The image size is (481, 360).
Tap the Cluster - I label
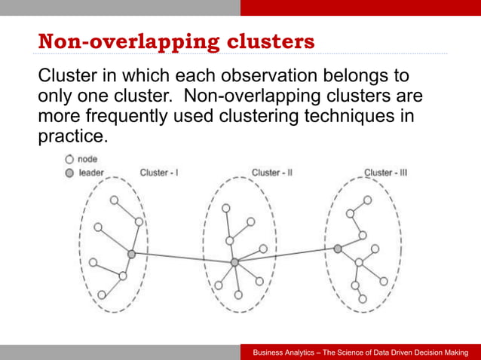point(159,172)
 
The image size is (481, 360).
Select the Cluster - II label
point(271,172)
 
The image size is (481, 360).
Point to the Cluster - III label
point(386,172)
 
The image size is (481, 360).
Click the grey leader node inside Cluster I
point(131,255)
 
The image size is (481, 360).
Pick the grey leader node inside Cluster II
point(234,262)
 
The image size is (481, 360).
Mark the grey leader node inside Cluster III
point(338,248)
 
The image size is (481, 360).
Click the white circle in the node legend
point(69,160)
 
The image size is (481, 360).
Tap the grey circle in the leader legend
point(69,172)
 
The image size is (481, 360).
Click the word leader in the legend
point(91,172)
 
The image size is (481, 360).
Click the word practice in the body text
point(72,137)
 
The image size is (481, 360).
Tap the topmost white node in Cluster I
point(114,200)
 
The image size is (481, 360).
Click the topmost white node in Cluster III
point(367,200)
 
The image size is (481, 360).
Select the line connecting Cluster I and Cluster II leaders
point(182,258)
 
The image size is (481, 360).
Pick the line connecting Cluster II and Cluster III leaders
point(286,255)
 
